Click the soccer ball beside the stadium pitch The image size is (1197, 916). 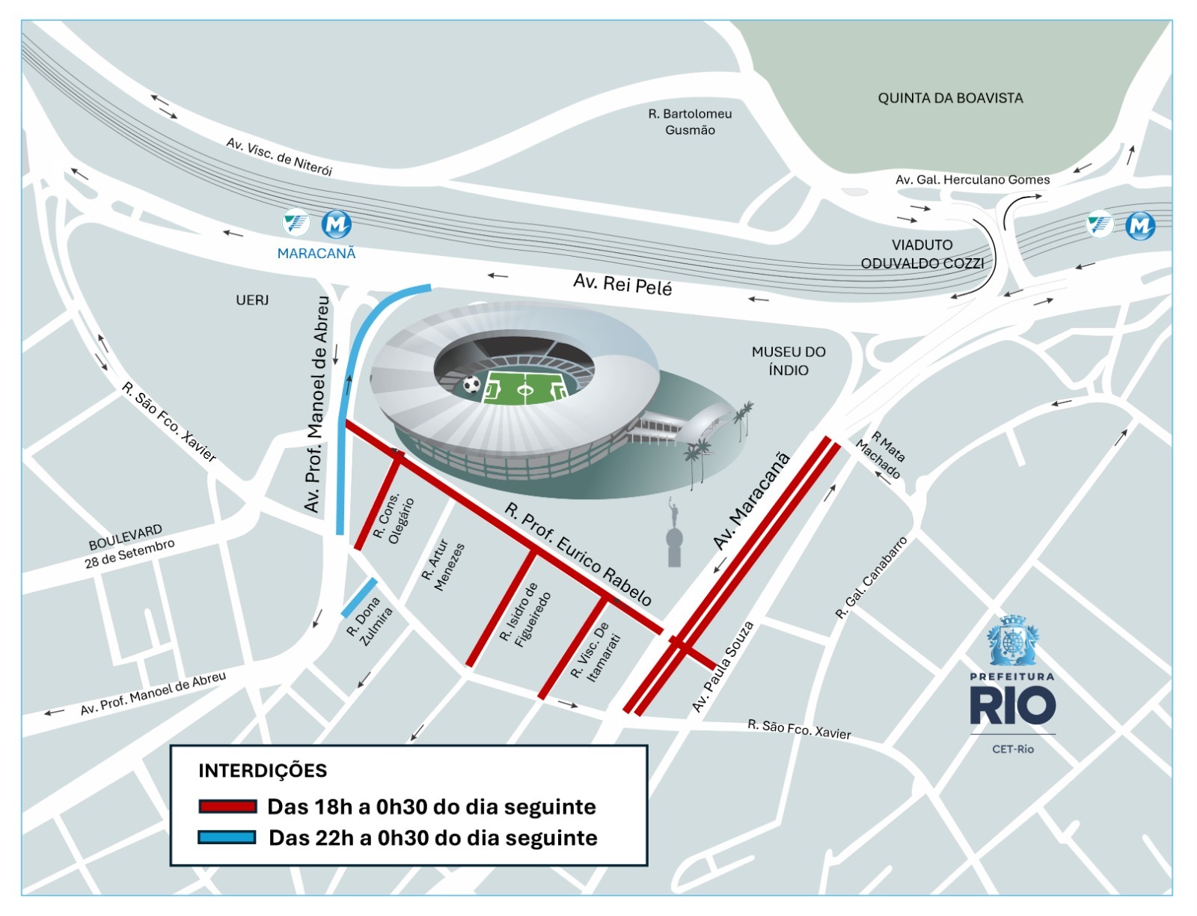[471, 385]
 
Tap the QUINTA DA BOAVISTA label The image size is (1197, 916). [950, 98]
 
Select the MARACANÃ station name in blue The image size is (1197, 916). [316, 254]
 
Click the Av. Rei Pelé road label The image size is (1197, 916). [622, 284]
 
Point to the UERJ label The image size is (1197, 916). [252, 300]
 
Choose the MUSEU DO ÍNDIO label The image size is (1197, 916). [789, 361]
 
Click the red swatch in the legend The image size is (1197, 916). [227, 807]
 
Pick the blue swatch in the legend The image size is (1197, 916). [227, 837]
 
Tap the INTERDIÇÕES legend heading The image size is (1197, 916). [263, 771]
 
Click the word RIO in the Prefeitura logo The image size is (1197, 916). [1012, 706]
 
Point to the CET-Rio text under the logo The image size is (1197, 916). [1013, 749]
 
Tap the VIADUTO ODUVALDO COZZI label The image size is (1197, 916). [922, 254]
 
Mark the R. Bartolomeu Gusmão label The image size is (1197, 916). [690, 122]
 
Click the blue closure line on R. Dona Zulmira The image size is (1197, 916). [359, 598]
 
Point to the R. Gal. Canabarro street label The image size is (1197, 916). [872, 578]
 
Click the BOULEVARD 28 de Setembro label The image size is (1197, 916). [129, 546]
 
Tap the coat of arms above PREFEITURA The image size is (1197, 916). [1012, 641]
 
